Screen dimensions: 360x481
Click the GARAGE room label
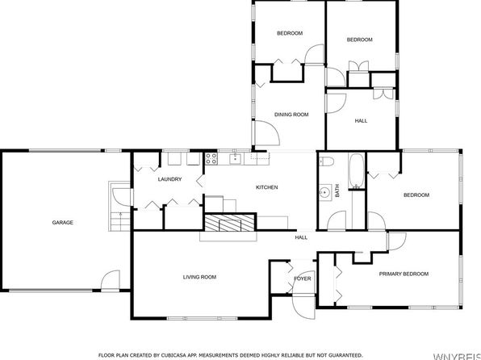63,222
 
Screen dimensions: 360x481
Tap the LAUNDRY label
169,179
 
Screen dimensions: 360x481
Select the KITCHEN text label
266,187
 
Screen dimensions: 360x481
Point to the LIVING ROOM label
200,277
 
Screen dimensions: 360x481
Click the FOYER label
302,278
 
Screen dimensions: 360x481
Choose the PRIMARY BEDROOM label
404,274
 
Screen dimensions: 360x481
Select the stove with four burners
211,158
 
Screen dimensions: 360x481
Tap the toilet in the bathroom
328,164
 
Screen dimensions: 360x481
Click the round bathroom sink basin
324,192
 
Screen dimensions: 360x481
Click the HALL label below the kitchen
300,237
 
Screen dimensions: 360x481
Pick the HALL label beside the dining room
361,121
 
